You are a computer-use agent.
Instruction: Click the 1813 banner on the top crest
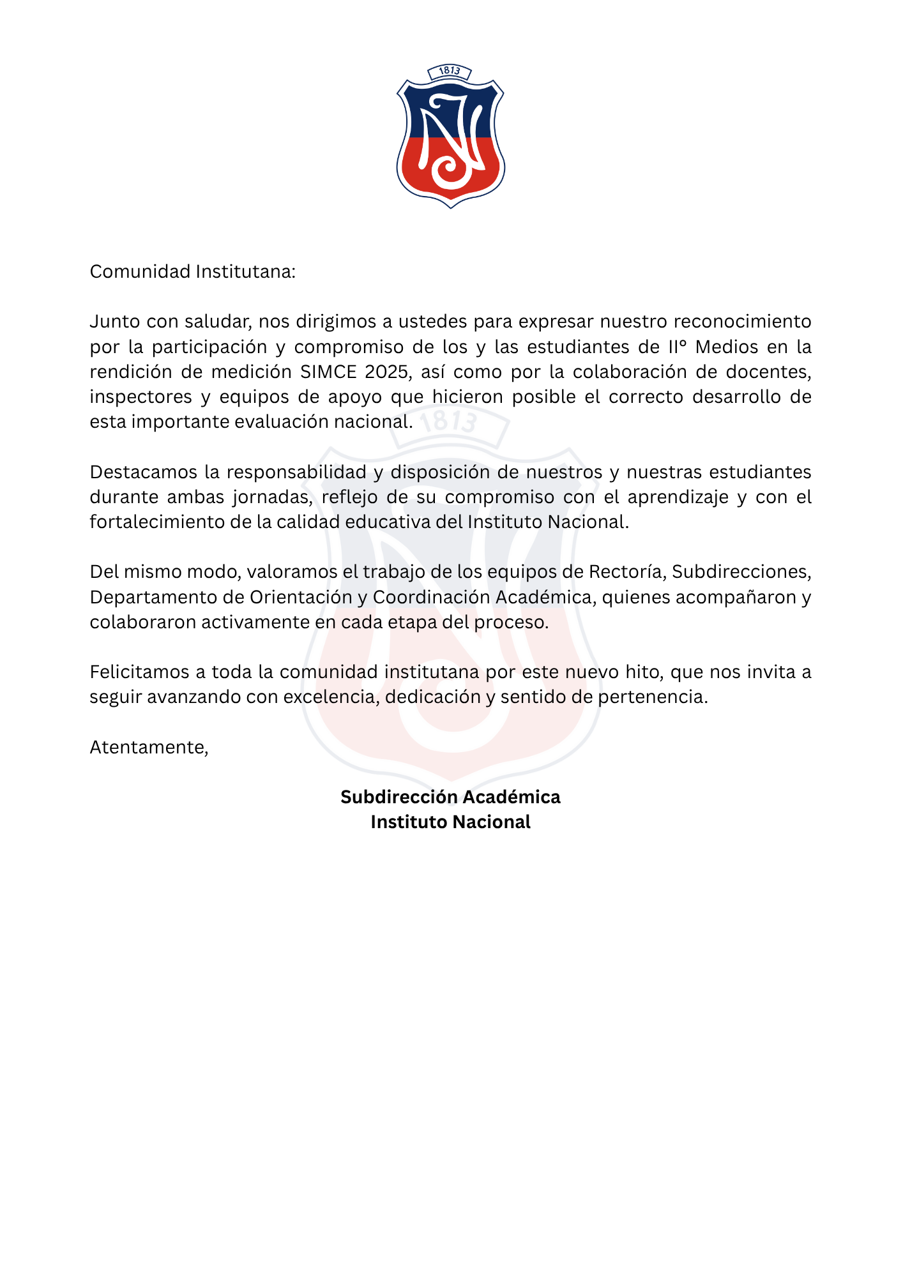[450, 71]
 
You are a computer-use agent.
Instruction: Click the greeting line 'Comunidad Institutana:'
[192, 272]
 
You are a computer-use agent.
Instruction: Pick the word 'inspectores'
[140, 397]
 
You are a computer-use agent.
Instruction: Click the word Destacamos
[143, 472]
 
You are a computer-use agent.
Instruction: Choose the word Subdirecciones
[741, 571]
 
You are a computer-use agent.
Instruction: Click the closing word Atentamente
[148, 747]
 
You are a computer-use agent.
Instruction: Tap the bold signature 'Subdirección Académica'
[450, 797]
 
